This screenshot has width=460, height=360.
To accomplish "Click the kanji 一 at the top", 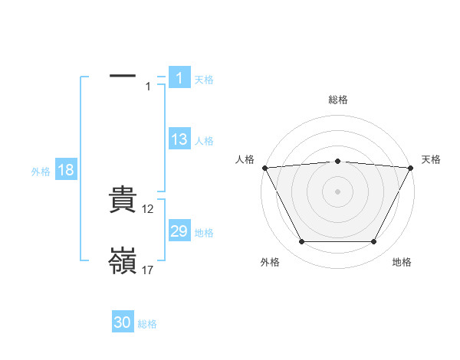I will [123, 76].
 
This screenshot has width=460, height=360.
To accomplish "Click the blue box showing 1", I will [179, 77].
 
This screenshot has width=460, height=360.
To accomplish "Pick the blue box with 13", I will [179, 139].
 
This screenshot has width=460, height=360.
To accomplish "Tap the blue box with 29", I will [179, 231].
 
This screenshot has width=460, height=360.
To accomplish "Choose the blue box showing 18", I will [66, 170].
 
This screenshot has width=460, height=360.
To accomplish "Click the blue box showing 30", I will [123, 322].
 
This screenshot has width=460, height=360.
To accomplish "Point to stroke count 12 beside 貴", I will [149, 209].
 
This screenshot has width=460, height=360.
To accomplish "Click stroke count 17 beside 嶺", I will [149, 270].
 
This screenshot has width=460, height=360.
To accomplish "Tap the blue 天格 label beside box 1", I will [204, 79].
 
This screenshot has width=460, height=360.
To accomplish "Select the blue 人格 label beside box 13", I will [204, 141].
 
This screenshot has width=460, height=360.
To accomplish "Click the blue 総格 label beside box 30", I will [147, 324].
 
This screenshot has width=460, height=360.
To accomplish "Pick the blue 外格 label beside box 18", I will [41, 172].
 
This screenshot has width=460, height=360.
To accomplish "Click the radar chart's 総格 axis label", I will [338, 100].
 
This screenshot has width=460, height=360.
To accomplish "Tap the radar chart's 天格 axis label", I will [432, 159].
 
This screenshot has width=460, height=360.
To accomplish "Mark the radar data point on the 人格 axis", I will [264, 168].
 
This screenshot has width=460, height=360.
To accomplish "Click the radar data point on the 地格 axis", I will [374, 242].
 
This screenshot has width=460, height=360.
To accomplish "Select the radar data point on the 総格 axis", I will [338, 161].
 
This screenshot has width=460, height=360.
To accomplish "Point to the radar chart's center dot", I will [338, 191].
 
